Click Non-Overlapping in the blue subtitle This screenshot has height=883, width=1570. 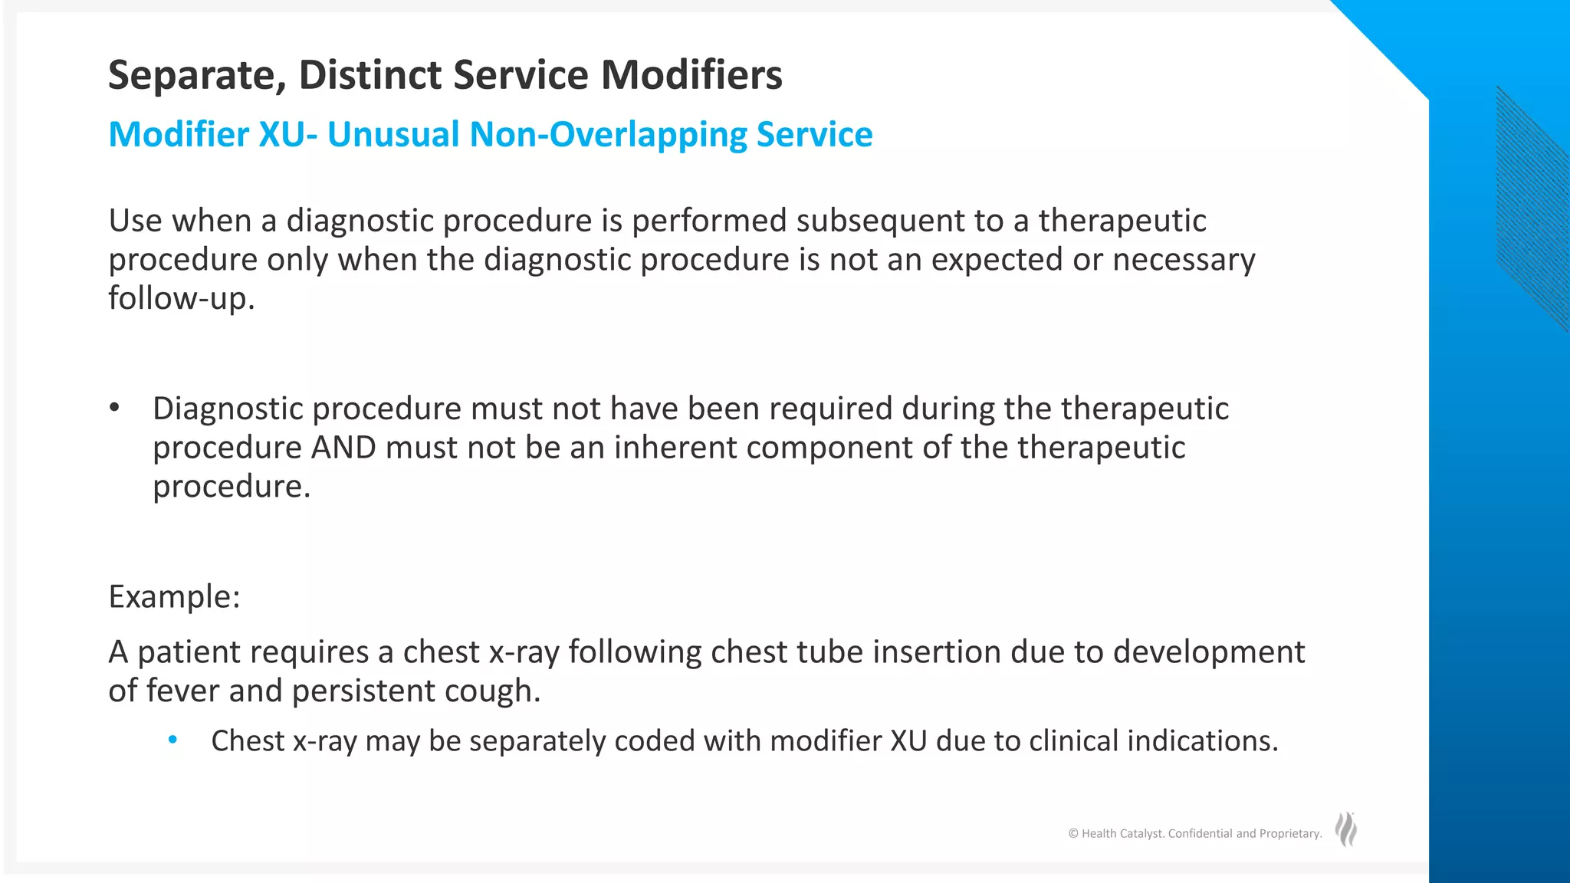tap(607, 135)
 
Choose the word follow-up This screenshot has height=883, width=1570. tap(181, 299)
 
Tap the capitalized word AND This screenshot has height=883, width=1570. tap(343, 448)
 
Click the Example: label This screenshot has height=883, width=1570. tap(174, 596)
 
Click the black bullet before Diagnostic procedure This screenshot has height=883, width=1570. tap(114, 408)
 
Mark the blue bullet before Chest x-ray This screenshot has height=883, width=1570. tap(172, 740)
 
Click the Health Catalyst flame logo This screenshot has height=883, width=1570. tap(1345, 829)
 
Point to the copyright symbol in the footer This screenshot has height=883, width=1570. tap(1073, 834)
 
